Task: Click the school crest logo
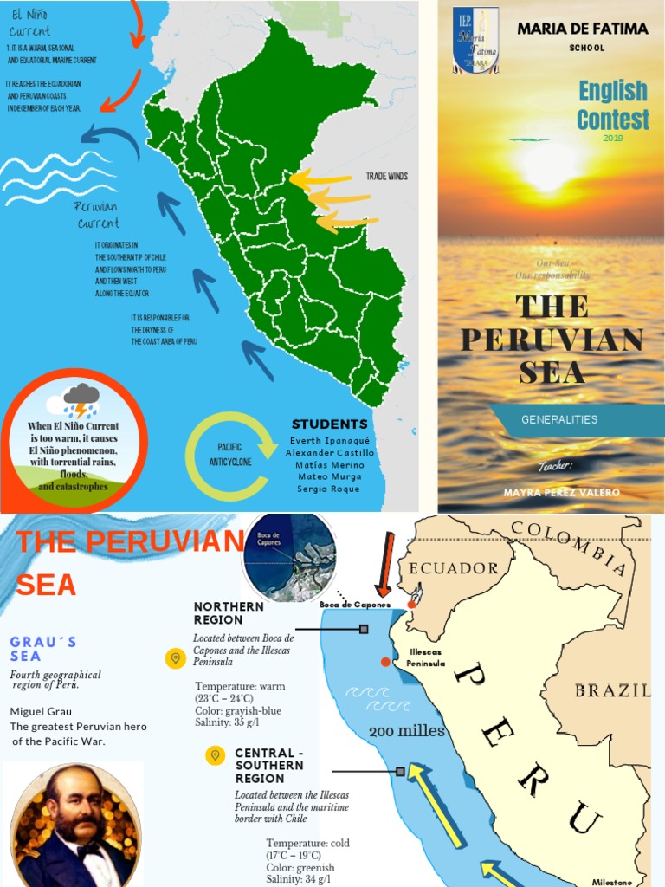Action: click(475, 40)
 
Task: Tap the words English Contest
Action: click(613, 104)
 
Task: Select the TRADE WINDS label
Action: click(386, 176)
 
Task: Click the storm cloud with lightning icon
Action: click(81, 400)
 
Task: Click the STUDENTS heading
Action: click(329, 424)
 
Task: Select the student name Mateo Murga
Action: click(329, 476)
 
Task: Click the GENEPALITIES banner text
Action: click(559, 420)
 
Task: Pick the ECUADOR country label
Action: click(454, 568)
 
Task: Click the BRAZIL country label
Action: click(613, 690)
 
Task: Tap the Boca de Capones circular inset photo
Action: click(289, 557)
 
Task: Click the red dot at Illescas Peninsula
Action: click(385, 663)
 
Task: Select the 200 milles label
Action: click(407, 732)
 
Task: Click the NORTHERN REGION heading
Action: click(229, 613)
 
